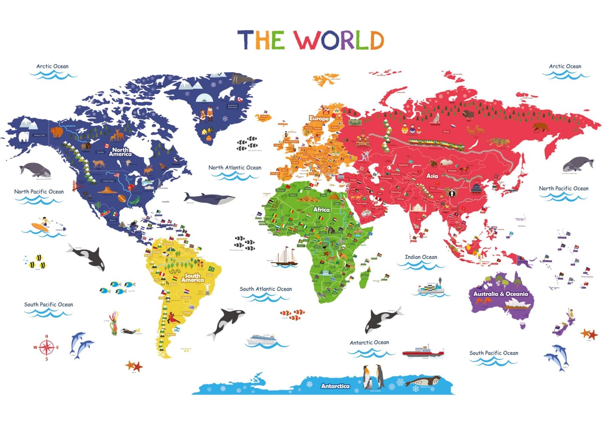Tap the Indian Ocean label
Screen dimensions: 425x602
pos(421,257)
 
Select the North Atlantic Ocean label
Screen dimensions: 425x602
pos(235,168)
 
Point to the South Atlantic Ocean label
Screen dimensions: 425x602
pos(266,289)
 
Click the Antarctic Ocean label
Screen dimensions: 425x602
pos(369,343)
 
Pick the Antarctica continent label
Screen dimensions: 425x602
pos(335,386)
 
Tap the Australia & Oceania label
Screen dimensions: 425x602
pos(500,294)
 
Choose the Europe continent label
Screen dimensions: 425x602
pos(319,118)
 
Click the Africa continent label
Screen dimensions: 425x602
pos(321,209)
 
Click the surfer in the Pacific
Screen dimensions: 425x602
pos(41,225)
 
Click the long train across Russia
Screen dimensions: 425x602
pos(436,143)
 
